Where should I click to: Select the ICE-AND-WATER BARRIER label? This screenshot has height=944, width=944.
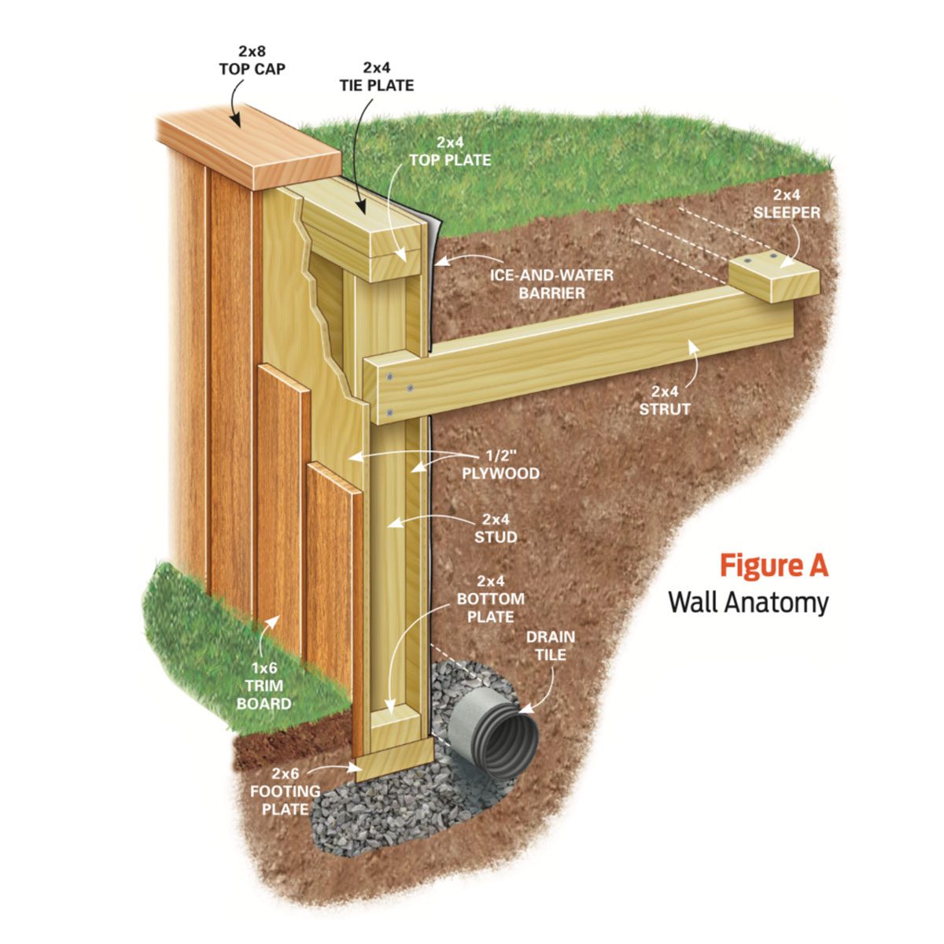pos(551,285)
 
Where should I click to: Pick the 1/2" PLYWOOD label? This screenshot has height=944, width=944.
pos(511,464)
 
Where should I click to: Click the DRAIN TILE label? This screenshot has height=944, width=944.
pos(551,645)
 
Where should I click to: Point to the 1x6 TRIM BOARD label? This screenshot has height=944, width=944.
pos(264,684)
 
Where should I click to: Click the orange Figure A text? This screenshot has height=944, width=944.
pos(773,566)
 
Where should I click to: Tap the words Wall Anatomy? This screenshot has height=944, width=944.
pos(748,603)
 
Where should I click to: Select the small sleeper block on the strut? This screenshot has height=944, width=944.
pos(775,278)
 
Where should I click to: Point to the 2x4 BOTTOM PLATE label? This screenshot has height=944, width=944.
pos(491,607)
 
